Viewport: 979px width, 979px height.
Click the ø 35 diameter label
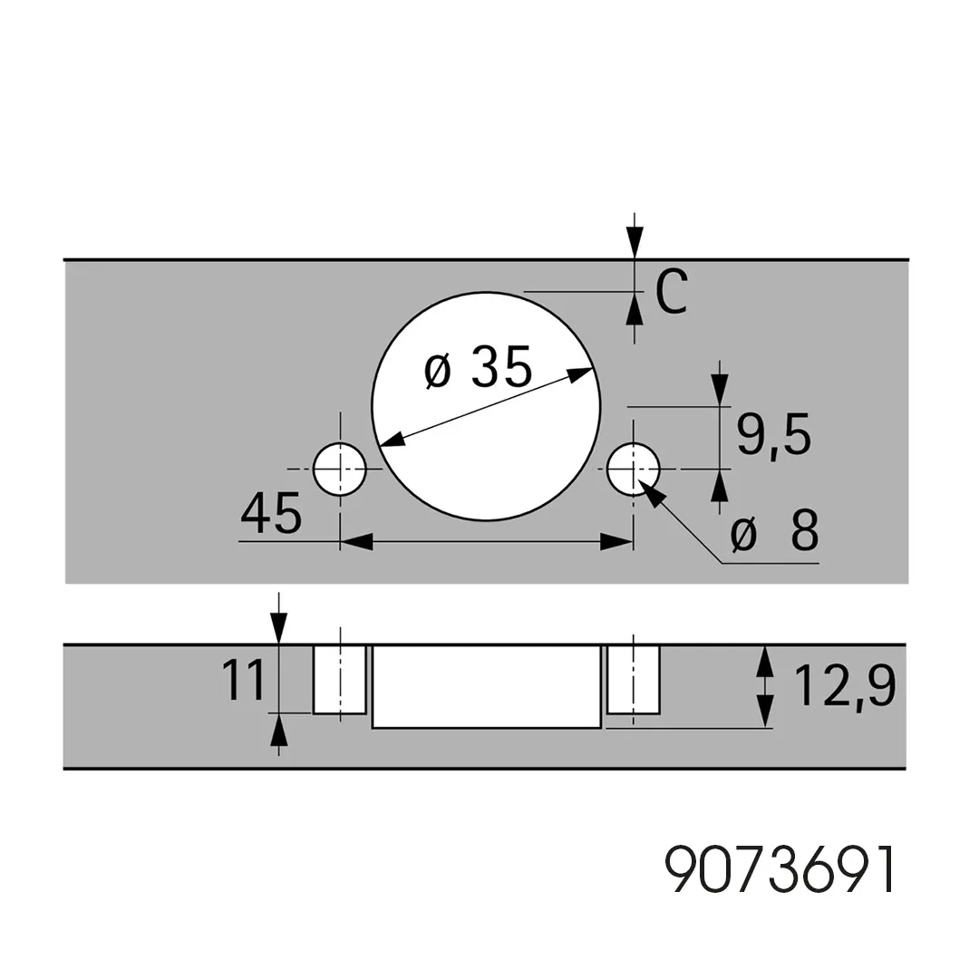coord(478,367)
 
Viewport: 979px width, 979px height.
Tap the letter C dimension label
coord(672,292)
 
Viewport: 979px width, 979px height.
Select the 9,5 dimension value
coord(773,435)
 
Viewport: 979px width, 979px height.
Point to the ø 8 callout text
coord(775,531)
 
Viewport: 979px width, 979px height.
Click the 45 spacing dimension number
coord(271,512)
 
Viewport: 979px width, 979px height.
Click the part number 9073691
coord(780,869)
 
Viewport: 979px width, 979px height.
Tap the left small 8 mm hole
coord(340,469)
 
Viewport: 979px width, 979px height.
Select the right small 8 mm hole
coord(633,469)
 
